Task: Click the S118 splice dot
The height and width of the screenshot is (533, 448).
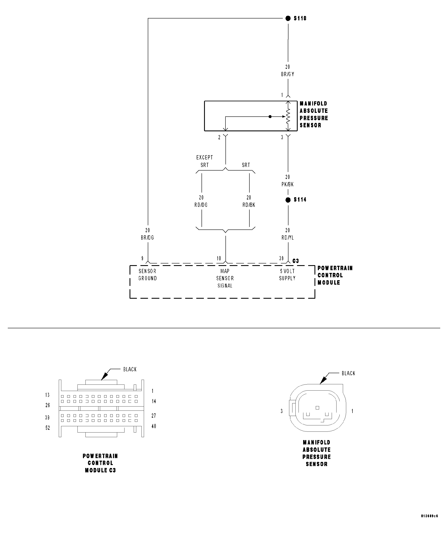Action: click(288, 18)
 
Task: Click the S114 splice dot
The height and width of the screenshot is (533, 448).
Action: click(288, 200)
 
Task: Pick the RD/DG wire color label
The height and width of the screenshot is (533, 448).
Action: click(201, 205)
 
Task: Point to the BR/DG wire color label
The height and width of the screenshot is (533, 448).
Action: click(147, 238)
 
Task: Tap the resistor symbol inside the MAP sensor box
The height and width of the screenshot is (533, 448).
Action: click(288, 116)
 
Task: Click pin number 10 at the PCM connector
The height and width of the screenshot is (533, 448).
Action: click(219, 258)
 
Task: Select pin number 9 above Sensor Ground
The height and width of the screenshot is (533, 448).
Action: click(143, 258)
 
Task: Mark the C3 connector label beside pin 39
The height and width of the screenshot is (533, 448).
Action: click(296, 261)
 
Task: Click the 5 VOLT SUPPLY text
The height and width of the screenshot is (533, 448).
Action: click(287, 275)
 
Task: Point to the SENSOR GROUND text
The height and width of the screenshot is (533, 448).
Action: click(148, 275)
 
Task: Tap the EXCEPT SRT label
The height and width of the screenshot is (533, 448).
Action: click(204, 161)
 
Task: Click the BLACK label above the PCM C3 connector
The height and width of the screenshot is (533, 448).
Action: click(130, 369)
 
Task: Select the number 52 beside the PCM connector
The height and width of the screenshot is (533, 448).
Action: click(48, 428)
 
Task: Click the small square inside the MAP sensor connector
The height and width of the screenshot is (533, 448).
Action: click(317, 408)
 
